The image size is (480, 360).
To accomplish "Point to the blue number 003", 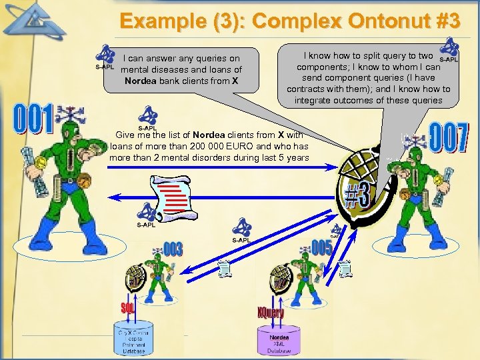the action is pos(172,250).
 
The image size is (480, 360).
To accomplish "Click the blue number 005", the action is pos(321,247).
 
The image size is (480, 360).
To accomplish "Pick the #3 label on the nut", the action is pos(357,194).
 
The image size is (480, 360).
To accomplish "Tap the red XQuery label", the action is pos(271,312).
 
